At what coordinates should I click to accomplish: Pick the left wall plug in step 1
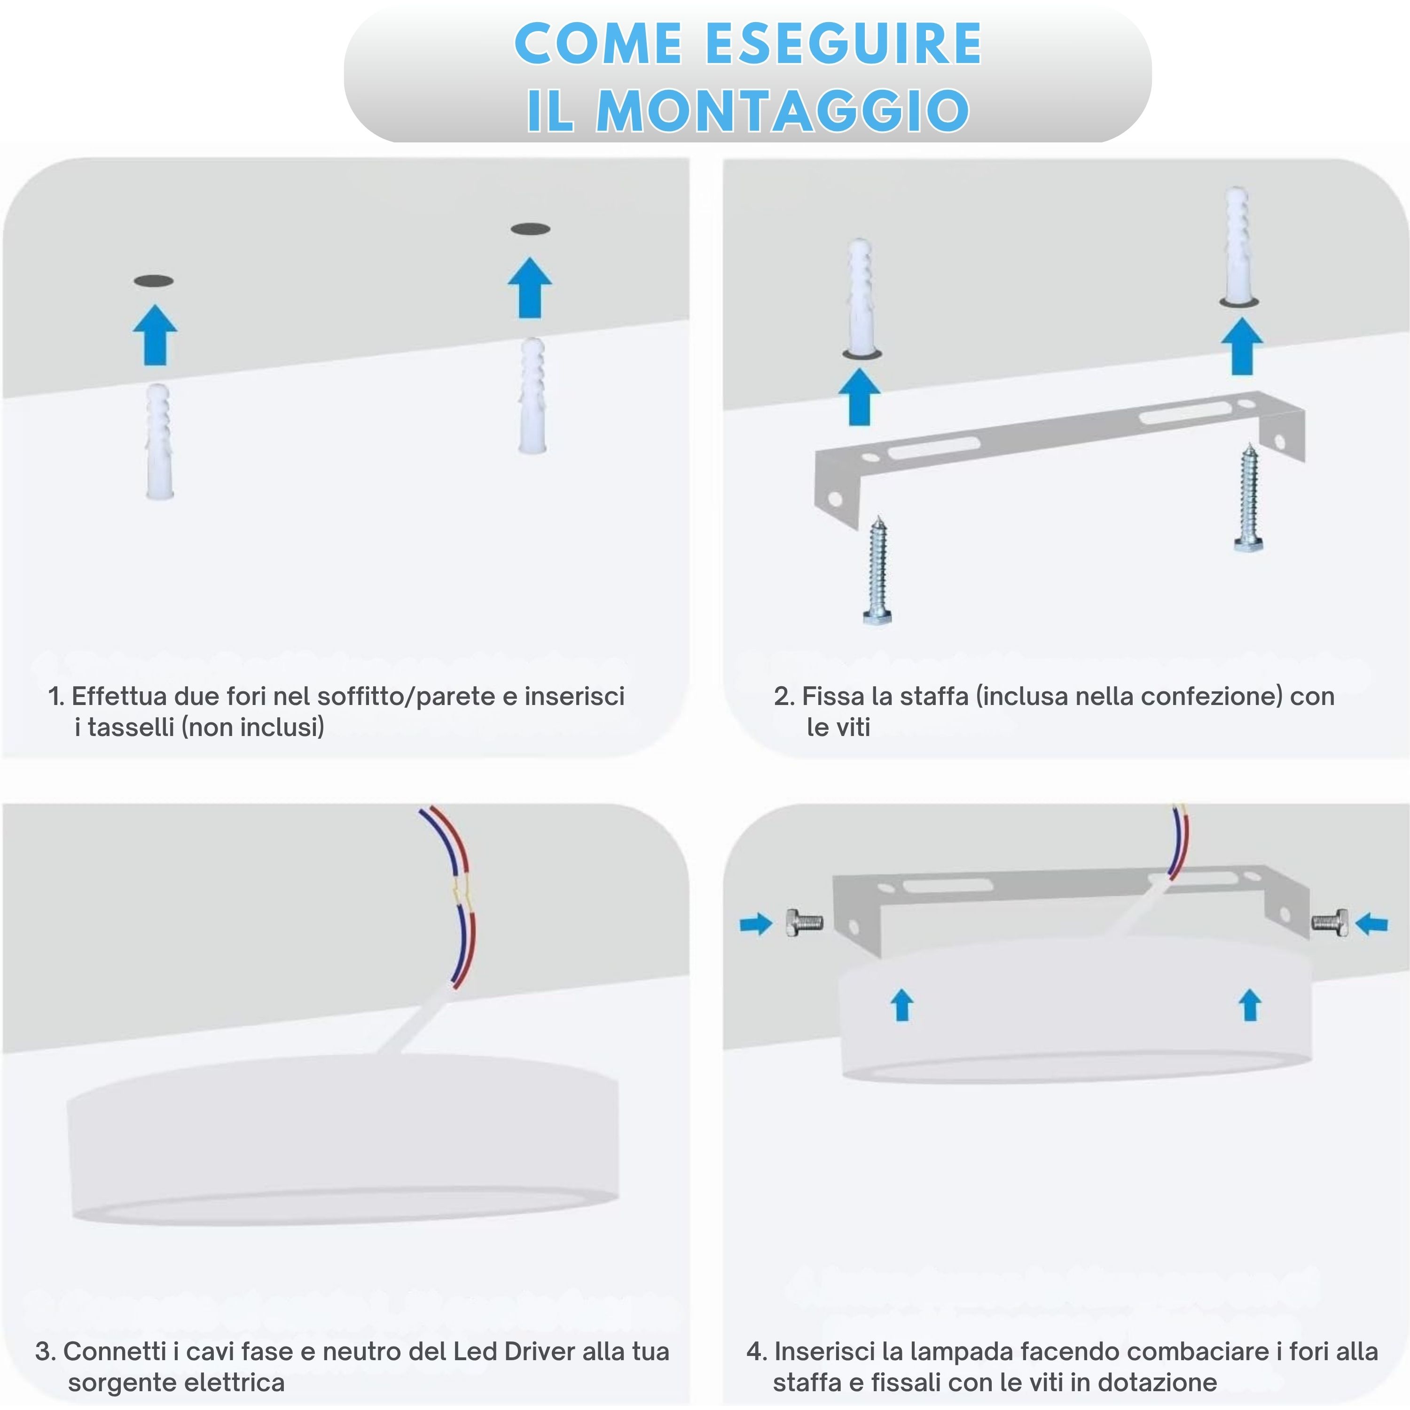159,441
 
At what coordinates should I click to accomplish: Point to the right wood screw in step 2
1249,497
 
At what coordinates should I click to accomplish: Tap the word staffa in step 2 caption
936,696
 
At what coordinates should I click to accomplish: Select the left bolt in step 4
804,923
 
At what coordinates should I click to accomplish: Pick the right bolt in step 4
1330,923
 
